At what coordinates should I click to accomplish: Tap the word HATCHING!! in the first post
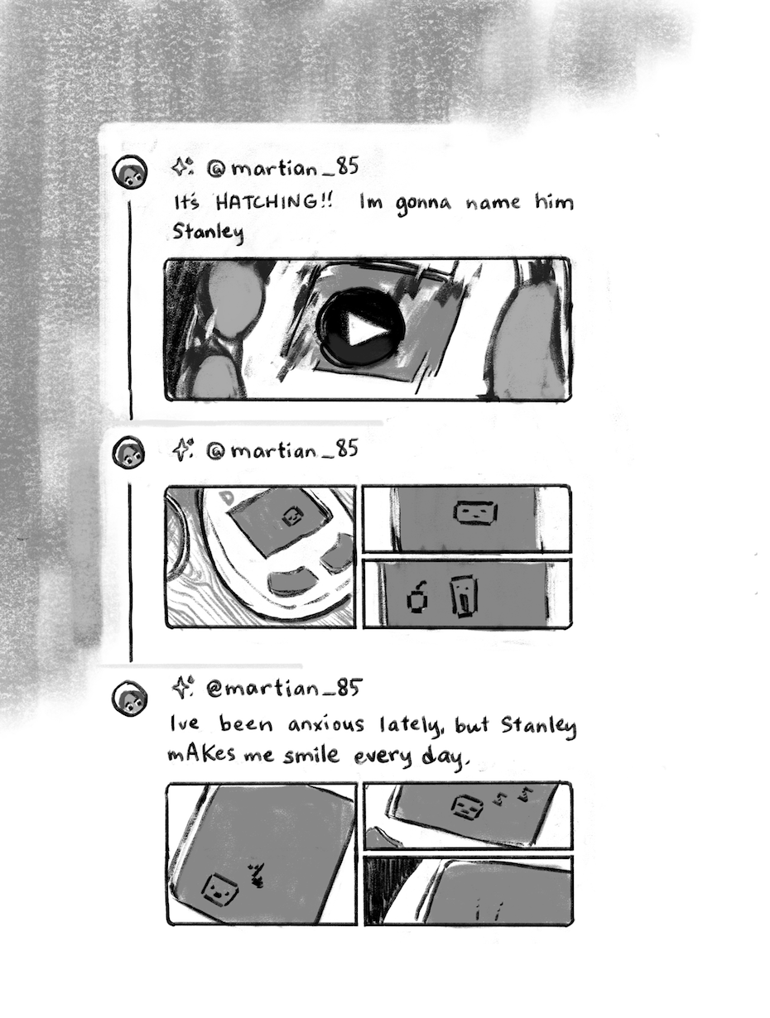click(274, 202)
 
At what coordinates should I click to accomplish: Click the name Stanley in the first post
click(209, 232)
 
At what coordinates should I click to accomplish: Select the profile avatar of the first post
click(130, 172)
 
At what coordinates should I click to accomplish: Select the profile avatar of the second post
click(128, 452)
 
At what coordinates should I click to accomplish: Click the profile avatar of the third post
click(129, 698)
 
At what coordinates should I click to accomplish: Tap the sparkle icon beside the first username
click(182, 166)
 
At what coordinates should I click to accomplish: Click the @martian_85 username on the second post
click(282, 449)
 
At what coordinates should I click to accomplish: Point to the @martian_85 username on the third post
click(283, 689)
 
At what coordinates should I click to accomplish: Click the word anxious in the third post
click(326, 724)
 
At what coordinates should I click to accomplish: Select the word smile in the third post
click(311, 755)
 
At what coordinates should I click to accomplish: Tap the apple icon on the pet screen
click(417, 598)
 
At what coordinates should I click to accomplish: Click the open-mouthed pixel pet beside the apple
click(464, 597)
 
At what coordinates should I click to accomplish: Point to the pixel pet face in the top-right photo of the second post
click(475, 512)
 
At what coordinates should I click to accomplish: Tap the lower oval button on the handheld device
click(291, 582)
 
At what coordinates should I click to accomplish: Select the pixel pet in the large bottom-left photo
click(219, 889)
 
